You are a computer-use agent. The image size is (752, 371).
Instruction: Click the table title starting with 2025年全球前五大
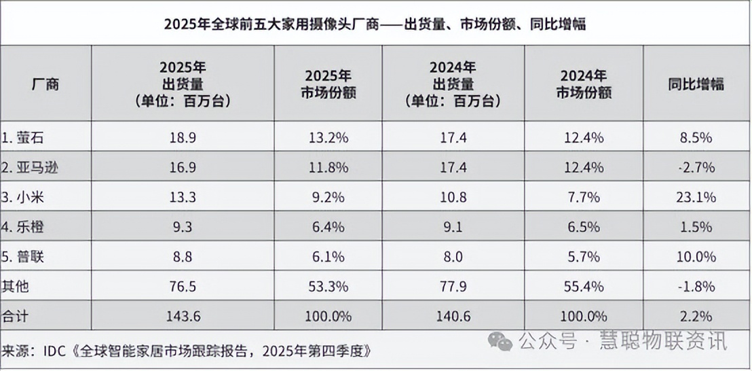coord(375,24)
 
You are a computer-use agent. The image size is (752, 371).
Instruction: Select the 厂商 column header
coord(45,84)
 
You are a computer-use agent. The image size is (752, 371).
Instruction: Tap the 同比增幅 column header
coord(696,84)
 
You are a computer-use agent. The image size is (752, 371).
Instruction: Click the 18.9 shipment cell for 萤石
coord(183,138)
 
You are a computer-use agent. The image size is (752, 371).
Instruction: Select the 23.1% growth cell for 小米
coord(696,198)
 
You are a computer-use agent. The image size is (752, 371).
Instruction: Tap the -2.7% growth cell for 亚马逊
coord(696,168)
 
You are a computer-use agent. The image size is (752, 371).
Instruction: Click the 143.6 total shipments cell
coord(183,316)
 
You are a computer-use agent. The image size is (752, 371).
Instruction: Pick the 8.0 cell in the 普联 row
coord(453,257)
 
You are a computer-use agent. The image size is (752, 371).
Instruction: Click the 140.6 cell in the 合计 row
coord(453,316)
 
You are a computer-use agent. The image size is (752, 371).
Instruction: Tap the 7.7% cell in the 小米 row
coord(584,198)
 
